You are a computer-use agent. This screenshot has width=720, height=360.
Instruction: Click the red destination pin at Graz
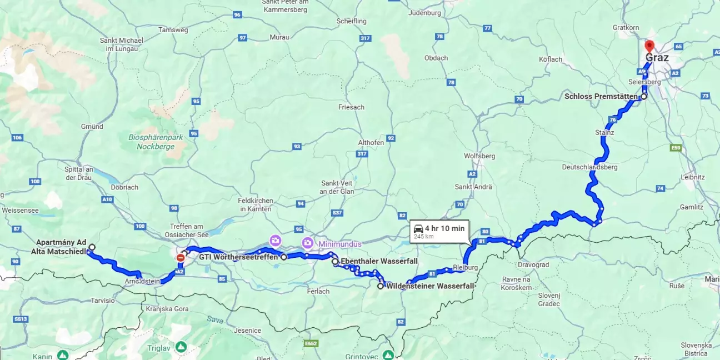(648, 47)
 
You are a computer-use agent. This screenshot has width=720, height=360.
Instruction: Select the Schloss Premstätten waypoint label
(601, 97)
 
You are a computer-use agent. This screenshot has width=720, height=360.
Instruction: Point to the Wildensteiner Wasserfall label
(431, 286)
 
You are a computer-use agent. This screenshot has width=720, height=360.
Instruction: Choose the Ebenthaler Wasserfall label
(378, 262)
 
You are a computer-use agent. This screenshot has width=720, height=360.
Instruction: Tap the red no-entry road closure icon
(181, 258)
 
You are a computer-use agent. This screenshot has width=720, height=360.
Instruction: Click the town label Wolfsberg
(479, 156)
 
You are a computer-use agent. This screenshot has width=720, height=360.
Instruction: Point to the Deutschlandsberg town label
(589, 167)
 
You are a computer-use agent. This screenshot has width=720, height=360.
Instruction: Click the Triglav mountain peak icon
(181, 347)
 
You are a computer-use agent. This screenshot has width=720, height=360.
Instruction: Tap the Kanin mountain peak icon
(63, 354)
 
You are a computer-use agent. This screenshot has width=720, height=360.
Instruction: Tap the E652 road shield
(312, 344)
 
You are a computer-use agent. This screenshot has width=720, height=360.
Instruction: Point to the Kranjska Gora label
(165, 308)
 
